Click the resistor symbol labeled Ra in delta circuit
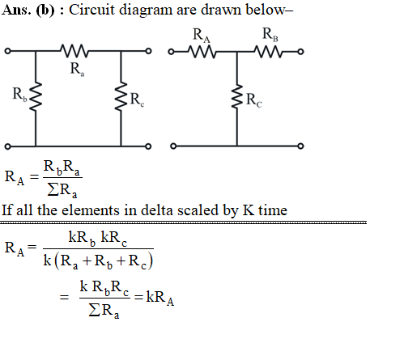[74, 51]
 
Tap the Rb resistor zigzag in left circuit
[36, 96]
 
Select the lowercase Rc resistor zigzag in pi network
[121, 96]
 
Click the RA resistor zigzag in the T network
[202, 52]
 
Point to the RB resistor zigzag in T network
[269, 52]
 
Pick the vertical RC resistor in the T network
[237, 97]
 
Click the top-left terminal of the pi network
[8, 51]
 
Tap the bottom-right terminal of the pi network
[148, 146]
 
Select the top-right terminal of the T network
[300, 52]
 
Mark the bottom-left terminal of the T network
[173, 146]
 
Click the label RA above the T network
[202, 36]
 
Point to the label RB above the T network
[270, 35]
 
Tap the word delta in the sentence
[157, 210]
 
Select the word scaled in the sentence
[198, 210]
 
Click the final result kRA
[160, 298]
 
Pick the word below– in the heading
[270, 10]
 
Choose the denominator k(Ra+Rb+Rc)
[98, 261]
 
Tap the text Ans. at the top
[16, 10]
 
